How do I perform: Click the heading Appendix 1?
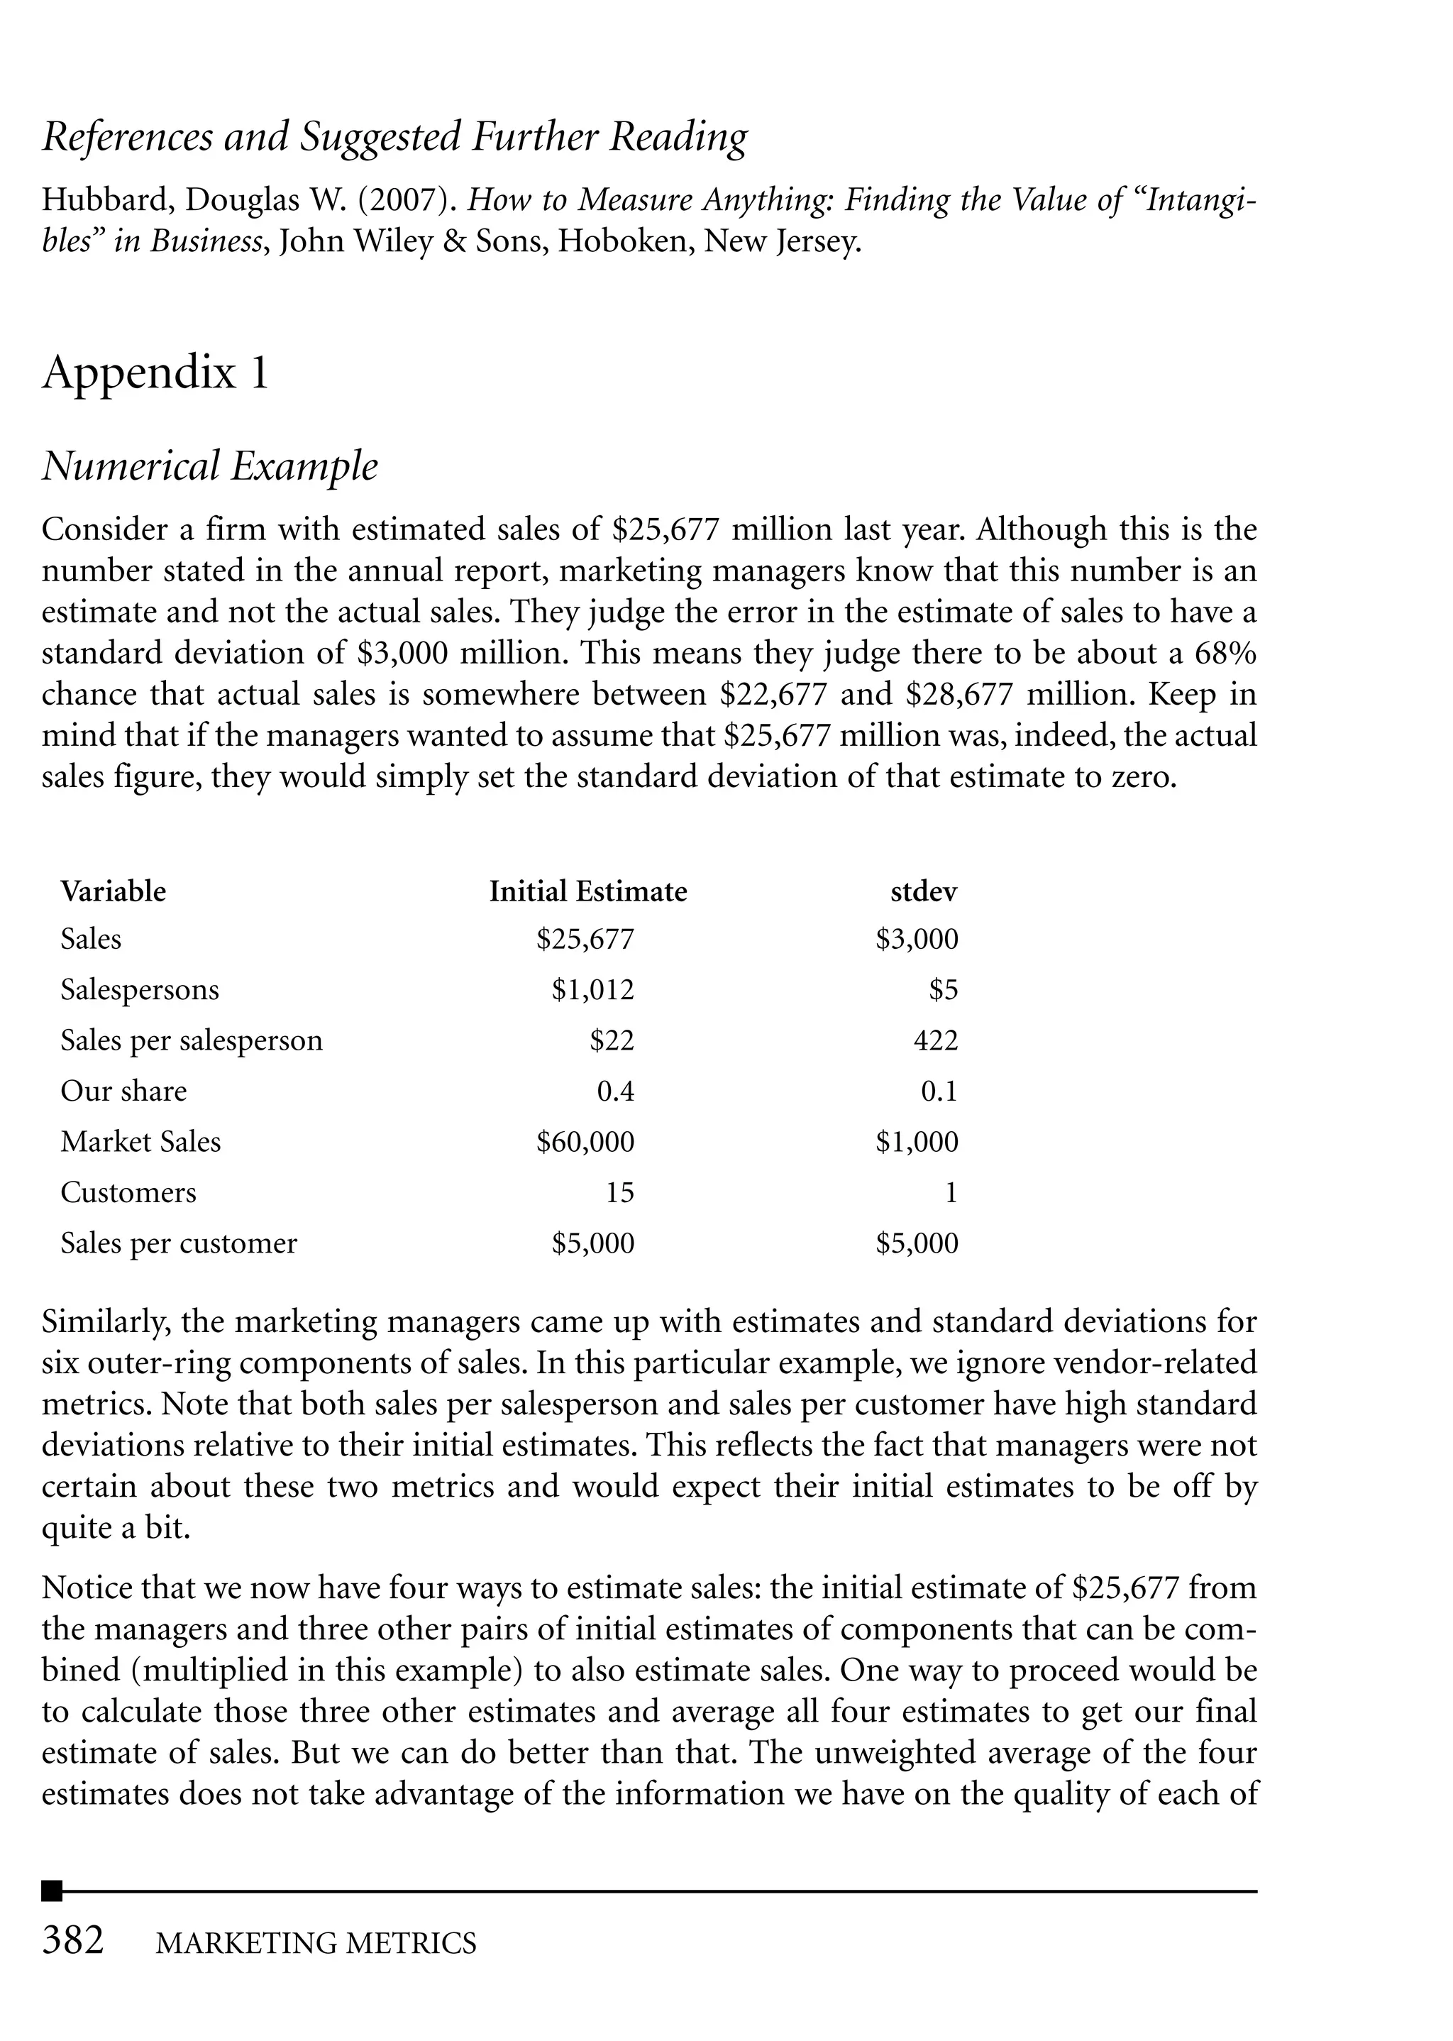[x=155, y=373]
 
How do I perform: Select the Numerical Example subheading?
[x=210, y=466]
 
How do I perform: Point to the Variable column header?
[x=113, y=891]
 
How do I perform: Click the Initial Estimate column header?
[x=588, y=891]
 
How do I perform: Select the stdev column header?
[x=924, y=891]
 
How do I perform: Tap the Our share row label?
[x=123, y=1091]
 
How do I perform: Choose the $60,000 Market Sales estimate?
[x=585, y=1142]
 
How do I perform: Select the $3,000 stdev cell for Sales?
[x=917, y=940]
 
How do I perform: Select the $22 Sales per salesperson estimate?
[x=612, y=1040]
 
